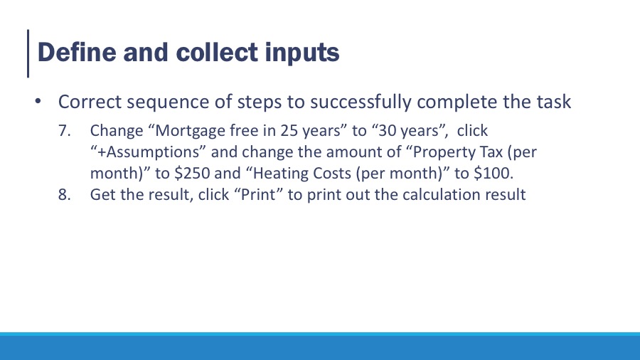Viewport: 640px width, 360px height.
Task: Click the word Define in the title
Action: (x=77, y=52)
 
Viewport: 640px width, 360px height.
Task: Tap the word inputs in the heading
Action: (x=302, y=54)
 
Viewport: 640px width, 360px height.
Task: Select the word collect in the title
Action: (x=217, y=52)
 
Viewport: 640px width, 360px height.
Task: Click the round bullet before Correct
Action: (x=38, y=101)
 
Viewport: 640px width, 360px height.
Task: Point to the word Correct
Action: (x=90, y=102)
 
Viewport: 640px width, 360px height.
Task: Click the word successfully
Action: (x=361, y=102)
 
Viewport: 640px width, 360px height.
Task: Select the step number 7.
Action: (x=64, y=131)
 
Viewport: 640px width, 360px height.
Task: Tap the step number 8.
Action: (x=64, y=194)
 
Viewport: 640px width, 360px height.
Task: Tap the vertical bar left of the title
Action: (x=28, y=53)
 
